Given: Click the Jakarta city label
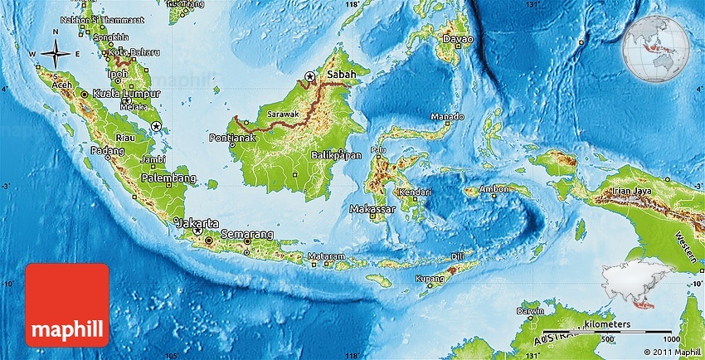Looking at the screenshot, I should coord(199,223).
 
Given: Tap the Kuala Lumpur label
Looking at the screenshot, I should coord(127,94).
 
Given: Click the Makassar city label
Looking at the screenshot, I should coord(372,209).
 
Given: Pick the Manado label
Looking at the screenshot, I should coord(449,117).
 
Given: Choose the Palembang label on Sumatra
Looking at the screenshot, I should coord(168,178).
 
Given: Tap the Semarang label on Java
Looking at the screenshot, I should coord(248,233).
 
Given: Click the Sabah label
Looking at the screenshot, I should coord(342,75).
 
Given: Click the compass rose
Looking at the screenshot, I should coord(55,54).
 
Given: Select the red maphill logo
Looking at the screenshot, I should coord(67,304).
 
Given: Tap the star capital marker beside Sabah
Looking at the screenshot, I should coord(309,76).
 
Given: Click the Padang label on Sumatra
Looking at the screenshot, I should coord(108,151).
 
